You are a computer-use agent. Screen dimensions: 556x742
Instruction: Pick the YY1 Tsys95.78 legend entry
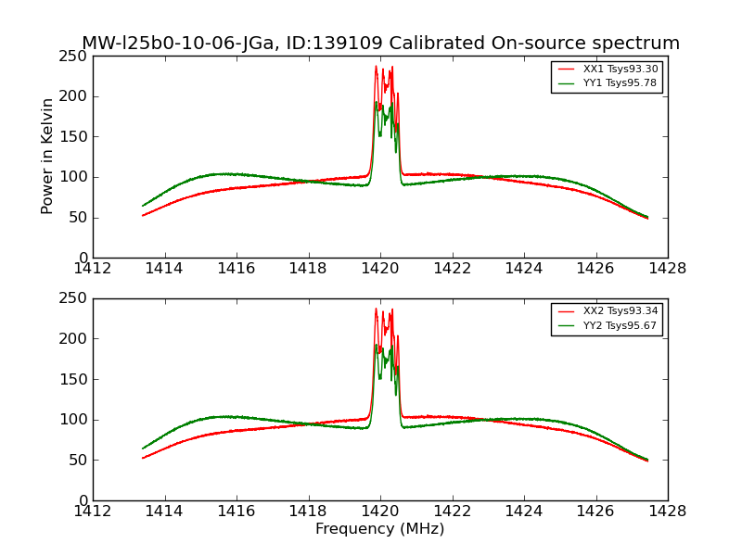coord(620,83)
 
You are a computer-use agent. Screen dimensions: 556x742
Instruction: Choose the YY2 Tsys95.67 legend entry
coord(620,325)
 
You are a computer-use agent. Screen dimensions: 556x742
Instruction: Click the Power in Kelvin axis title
coord(48,156)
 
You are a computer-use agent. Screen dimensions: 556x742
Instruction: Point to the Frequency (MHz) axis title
coord(379,529)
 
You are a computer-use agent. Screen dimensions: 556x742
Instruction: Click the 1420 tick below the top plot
coord(379,269)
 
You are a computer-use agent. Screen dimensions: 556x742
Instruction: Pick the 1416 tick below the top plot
coord(237,269)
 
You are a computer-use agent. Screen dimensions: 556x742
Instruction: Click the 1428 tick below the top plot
coord(667,269)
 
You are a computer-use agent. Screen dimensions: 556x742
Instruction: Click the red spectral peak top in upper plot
coord(377,66)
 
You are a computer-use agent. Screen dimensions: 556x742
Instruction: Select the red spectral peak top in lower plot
coord(377,309)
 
